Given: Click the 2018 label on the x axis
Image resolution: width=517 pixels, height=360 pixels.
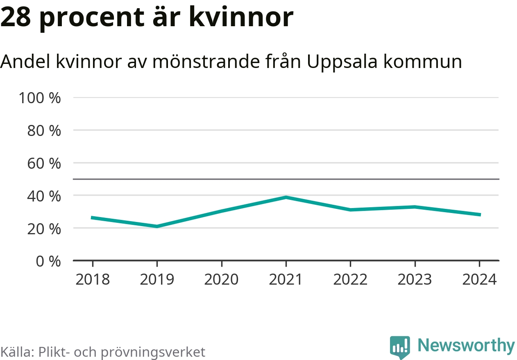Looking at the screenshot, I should [x=93, y=279].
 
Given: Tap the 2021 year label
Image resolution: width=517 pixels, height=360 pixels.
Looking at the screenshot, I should [x=286, y=279].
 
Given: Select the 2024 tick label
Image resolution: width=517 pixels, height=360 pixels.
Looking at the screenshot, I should [x=479, y=279].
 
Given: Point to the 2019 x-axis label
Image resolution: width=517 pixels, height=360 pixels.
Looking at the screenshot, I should [x=157, y=279].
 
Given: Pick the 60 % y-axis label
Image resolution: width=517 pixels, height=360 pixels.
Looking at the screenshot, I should [x=43, y=163].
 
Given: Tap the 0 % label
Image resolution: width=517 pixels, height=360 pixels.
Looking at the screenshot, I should [x=48, y=261].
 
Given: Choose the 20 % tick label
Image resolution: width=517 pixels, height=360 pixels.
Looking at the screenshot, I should [x=43, y=229].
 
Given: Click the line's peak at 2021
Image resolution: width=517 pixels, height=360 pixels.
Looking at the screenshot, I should [x=286, y=197].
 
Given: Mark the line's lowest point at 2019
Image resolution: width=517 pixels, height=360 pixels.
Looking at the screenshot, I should [x=157, y=226].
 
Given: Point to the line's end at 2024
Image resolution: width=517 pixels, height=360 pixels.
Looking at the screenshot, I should [x=479, y=215].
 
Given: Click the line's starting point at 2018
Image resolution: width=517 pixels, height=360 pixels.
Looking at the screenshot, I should [x=93, y=217].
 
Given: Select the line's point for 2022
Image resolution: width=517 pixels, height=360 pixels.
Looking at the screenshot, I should [x=350, y=210].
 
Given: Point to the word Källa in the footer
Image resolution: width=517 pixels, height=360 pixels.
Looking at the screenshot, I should [x=17, y=352].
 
